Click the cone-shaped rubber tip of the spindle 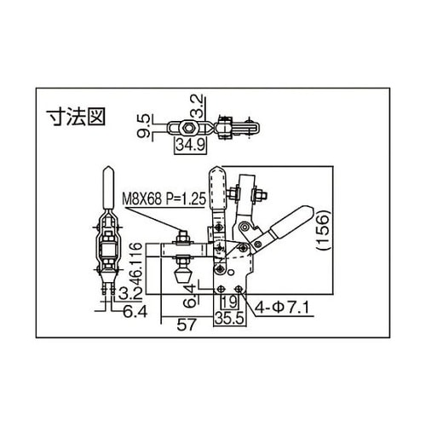click(x=181, y=277)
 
